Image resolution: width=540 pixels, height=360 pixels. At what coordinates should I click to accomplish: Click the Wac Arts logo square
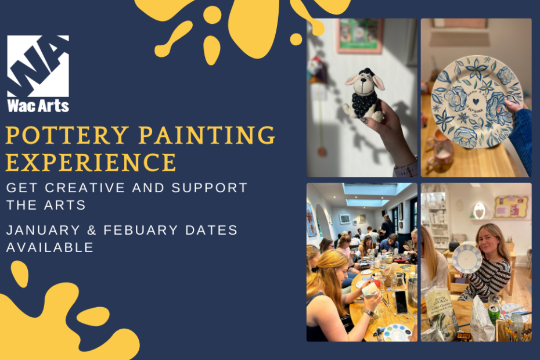(38, 66)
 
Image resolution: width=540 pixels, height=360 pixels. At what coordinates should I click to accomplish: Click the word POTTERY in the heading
(67, 135)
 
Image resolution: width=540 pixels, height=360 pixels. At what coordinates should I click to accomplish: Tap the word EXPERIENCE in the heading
(91, 162)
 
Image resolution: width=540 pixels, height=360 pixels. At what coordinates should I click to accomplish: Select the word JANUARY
(43, 230)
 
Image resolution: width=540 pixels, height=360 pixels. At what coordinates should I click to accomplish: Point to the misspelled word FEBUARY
(141, 230)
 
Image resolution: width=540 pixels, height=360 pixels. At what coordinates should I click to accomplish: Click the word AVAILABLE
(50, 247)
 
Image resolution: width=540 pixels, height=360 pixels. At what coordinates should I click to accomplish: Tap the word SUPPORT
(210, 188)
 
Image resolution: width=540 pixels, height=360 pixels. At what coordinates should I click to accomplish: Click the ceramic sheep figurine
(363, 95)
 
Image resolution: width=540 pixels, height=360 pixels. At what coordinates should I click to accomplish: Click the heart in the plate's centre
(476, 102)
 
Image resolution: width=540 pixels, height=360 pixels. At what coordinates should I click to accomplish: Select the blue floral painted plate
(477, 102)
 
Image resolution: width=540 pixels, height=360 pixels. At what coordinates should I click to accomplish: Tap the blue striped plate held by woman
(467, 259)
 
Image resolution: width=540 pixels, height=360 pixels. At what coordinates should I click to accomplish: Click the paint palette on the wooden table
(397, 333)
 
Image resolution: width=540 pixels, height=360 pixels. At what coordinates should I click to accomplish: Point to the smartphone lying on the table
(401, 302)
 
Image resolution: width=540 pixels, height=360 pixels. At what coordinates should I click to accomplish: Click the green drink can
(494, 314)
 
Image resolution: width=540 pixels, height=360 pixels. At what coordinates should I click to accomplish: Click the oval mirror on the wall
(479, 211)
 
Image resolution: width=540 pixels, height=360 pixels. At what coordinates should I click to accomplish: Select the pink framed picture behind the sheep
(360, 35)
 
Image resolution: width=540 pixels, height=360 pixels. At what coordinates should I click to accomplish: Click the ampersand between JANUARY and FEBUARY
(92, 230)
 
